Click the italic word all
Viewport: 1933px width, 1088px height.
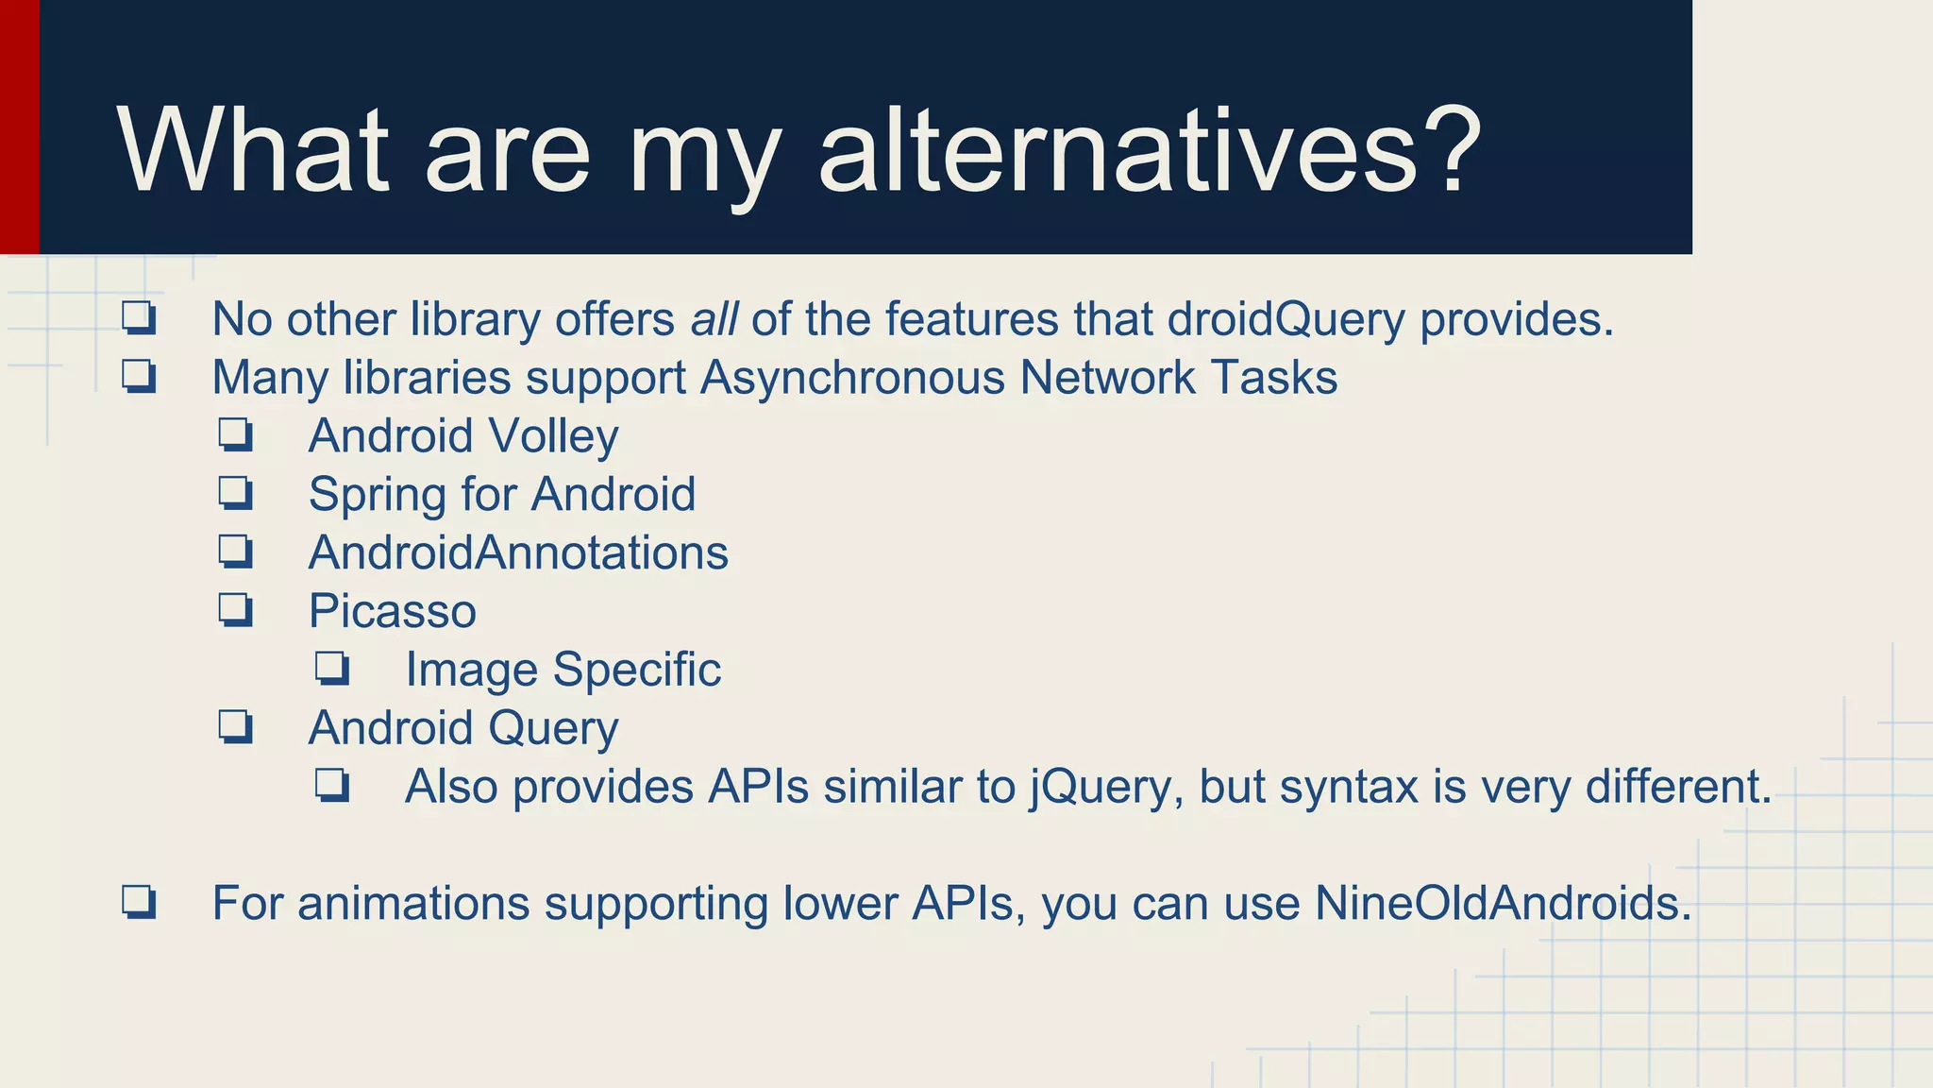[714, 319]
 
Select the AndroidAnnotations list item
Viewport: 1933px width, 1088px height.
[518, 552]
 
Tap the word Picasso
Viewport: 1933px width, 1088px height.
[392, 611]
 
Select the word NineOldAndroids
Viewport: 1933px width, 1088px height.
[1503, 903]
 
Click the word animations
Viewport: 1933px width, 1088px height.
[413, 903]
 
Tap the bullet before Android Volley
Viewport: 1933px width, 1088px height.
[235, 435]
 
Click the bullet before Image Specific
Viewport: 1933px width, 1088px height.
[332, 670]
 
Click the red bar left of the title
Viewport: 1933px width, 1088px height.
[19, 127]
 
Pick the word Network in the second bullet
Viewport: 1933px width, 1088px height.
[1108, 378]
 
